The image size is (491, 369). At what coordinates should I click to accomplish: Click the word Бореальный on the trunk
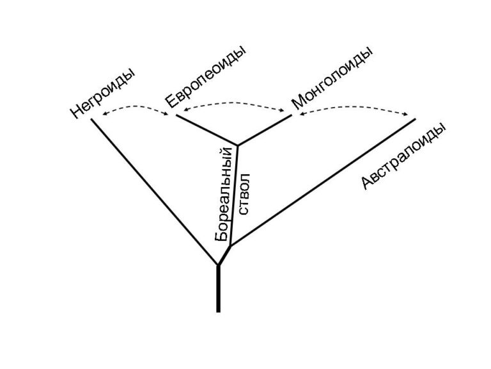[224, 193]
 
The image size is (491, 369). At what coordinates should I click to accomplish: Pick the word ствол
[245, 194]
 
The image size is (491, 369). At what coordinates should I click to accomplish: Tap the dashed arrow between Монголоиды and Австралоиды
[354, 108]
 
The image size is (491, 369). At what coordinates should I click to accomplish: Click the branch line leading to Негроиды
[155, 192]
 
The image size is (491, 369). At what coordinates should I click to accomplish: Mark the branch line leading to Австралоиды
[323, 183]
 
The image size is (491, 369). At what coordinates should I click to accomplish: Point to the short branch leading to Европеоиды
[207, 130]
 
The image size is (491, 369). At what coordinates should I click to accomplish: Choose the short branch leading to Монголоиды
[265, 130]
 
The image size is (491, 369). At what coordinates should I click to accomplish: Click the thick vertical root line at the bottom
[218, 289]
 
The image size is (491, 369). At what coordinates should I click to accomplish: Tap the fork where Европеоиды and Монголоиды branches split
[238, 145]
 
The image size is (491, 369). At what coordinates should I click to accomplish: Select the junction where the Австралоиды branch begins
[231, 246]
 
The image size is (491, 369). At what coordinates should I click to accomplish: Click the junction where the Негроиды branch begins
[218, 265]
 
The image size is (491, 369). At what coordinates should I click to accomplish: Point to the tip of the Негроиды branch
[91, 119]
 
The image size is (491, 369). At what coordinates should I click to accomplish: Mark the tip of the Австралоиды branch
[416, 119]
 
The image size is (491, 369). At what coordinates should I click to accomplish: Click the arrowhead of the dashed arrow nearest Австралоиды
[407, 115]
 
